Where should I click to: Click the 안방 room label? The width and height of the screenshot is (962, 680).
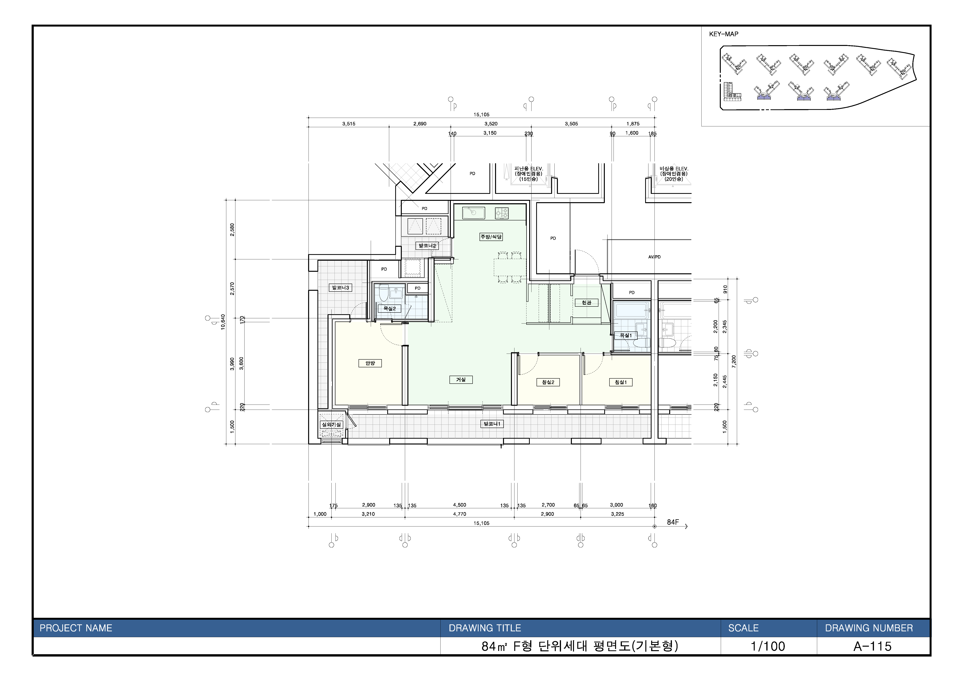[370, 363]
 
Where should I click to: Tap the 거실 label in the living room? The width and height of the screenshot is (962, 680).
[461, 380]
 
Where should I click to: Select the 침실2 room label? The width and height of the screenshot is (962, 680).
[548, 382]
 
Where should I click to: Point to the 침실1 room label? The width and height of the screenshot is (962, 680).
[621, 382]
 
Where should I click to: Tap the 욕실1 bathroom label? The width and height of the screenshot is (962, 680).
[626, 335]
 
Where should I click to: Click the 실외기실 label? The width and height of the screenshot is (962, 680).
[331, 425]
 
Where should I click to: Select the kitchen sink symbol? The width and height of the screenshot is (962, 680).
[474, 213]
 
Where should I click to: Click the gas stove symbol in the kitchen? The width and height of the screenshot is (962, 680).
[502, 213]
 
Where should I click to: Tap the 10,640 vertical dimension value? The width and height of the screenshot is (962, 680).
[223, 322]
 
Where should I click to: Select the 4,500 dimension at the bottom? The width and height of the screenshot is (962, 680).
[460, 505]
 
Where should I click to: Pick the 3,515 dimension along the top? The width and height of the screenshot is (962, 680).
[349, 124]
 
